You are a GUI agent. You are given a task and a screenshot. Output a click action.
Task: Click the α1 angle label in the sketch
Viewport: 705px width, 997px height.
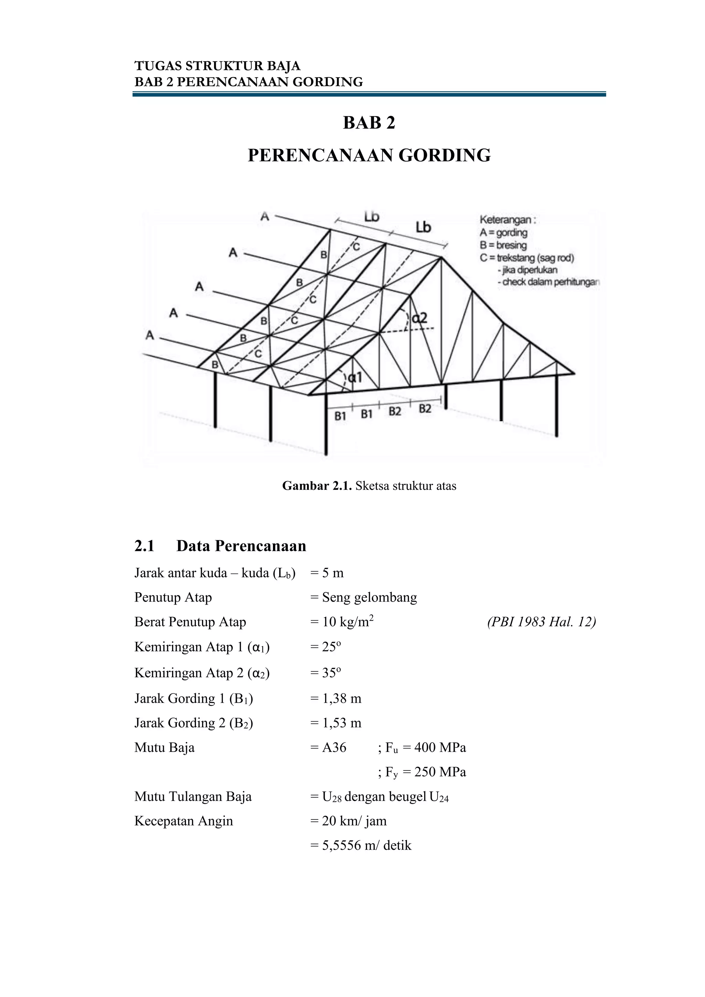point(355,377)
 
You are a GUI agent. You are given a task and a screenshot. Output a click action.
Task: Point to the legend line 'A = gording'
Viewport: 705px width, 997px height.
point(503,233)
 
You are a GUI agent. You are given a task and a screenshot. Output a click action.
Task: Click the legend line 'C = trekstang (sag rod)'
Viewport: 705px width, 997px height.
point(526,258)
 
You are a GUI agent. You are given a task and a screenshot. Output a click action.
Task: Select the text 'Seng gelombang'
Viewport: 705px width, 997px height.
point(369,597)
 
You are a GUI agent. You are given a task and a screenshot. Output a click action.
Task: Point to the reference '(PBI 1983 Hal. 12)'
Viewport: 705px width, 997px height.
point(541,622)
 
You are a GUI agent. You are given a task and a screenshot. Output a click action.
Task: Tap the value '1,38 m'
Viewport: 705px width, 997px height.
point(341,698)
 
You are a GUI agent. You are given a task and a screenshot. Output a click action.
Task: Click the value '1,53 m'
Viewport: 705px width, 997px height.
point(341,723)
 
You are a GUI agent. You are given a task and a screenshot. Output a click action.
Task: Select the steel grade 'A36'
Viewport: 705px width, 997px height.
point(334,747)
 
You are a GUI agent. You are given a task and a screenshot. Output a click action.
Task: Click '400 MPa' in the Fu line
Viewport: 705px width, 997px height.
point(440,747)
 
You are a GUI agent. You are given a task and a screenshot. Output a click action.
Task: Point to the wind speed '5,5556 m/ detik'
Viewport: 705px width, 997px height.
point(366,845)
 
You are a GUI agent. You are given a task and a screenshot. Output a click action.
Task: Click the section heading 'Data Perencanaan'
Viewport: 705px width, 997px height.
point(241,546)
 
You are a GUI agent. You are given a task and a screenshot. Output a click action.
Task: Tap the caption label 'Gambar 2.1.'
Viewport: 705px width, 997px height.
point(317,486)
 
